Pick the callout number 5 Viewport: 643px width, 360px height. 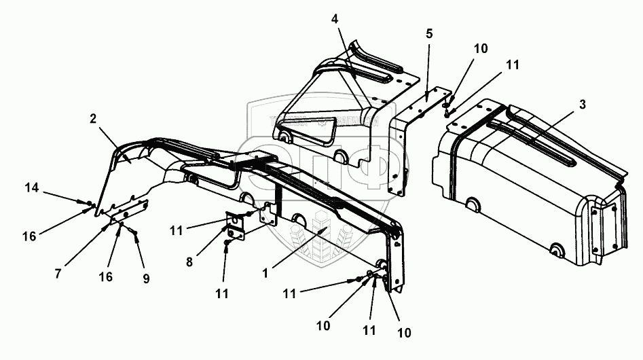429,34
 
